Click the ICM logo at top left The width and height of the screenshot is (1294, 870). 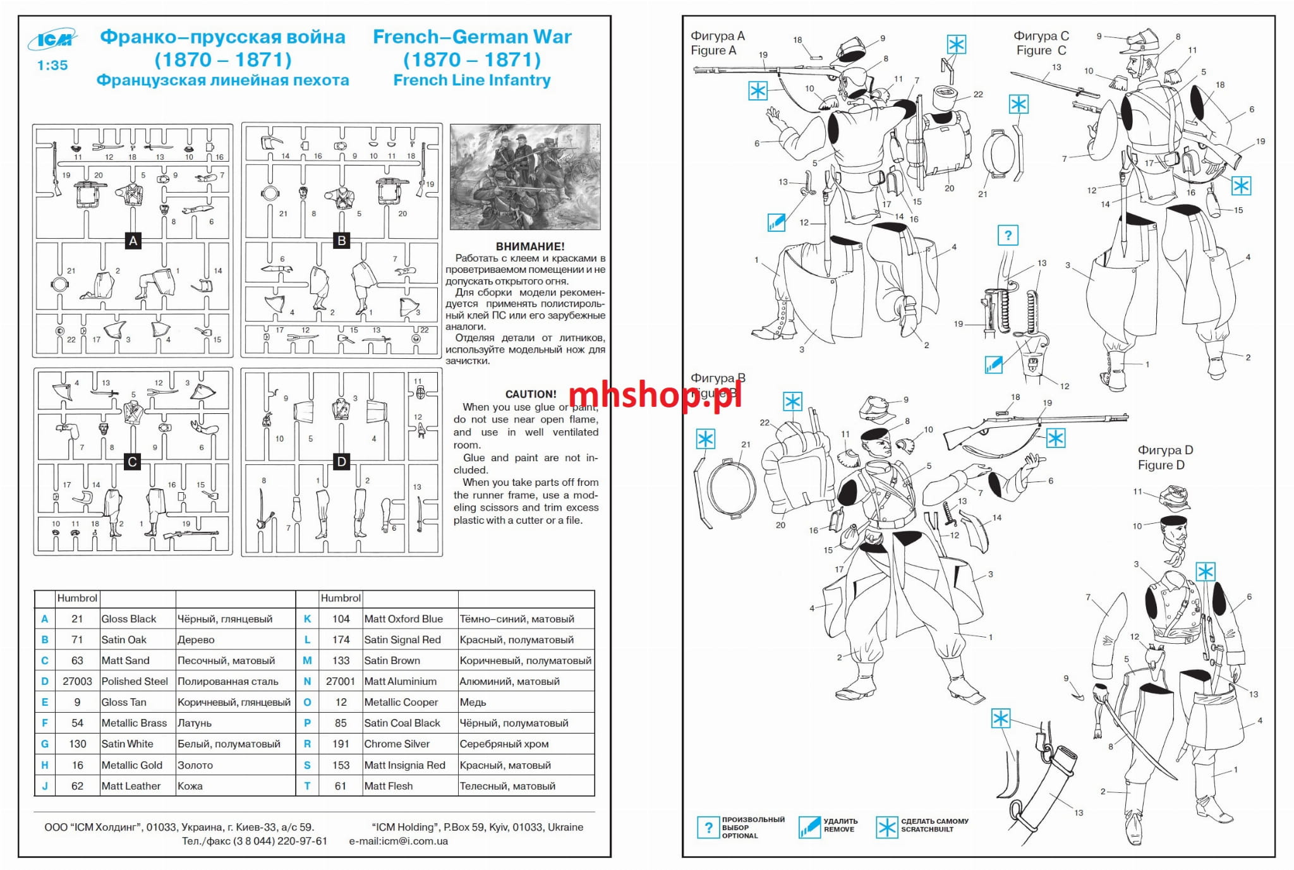click(x=52, y=40)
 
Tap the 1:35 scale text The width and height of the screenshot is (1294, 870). click(x=52, y=65)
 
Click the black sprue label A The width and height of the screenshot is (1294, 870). click(x=133, y=241)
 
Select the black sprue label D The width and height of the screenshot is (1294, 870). click(x=341, y=462)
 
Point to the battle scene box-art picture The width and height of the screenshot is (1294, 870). click(x=525, y=177)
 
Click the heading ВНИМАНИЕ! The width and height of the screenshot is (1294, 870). click(x=530, y=246)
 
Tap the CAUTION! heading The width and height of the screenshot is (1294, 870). click(x=531, y=394)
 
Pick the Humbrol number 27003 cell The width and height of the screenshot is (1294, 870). click(x=77, y=681)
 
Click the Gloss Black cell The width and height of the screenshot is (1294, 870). click(x=129, y=619)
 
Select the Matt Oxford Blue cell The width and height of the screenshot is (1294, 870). click(x=404, y=619)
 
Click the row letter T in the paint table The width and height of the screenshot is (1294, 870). click(x=307, y=786)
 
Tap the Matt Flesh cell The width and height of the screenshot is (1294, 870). click(x=389, y=786)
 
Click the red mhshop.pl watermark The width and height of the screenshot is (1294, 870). click(x=655, y=396)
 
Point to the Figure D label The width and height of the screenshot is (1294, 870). click(x=1165, y=457)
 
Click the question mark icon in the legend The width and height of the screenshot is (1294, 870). click(x=708, y=827)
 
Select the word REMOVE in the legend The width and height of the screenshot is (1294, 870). click(x=839, y=830)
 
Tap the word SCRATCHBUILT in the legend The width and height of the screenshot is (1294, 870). click(x=928, y=830)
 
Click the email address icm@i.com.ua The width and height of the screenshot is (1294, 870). click(x=399, y=841)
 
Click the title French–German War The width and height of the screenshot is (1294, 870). click(x=472, y=37)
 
